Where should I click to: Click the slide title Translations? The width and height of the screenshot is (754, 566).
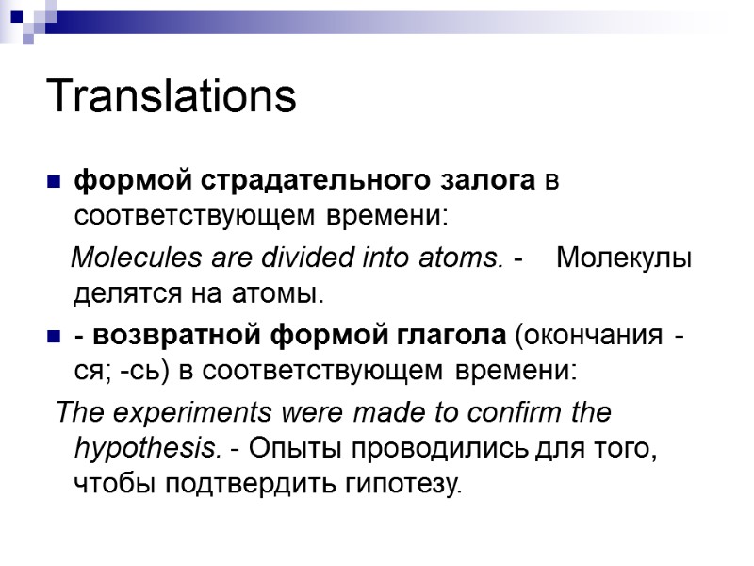pyautogui.click(x=171, y=96)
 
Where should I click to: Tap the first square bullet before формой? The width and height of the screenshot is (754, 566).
pyautogui.click(x=53, y=180)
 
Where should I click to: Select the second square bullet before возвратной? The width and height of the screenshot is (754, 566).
pyautogui.click(x=53, y=336)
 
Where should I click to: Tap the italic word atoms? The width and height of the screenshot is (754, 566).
pyautogui.click(x=463, y=258)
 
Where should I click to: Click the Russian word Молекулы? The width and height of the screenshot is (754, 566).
pyautogui.click(x=624, y=258)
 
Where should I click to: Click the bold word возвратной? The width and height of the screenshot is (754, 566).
pyautogui.click(x=179, y=335)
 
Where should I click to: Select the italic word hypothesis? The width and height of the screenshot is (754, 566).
pyautogui.click(x=147, y=450)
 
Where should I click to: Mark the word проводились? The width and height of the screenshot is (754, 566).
pyautogui.click(x=434, y=450)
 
